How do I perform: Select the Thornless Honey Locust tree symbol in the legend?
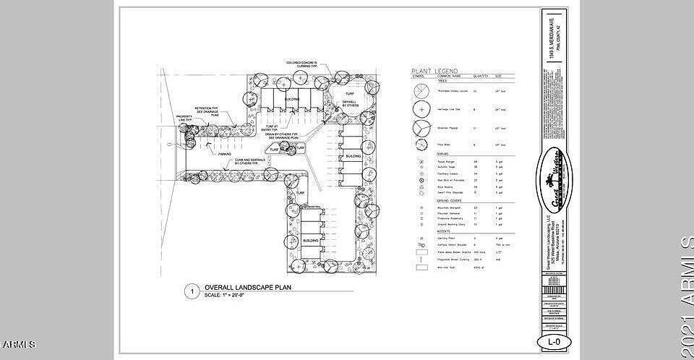point(420,92)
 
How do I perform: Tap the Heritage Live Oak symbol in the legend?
point(420,110)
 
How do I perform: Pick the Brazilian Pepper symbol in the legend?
point(420,128)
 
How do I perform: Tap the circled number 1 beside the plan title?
point(192,291)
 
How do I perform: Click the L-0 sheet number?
point(552,340)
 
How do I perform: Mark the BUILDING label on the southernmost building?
point(311,239)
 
